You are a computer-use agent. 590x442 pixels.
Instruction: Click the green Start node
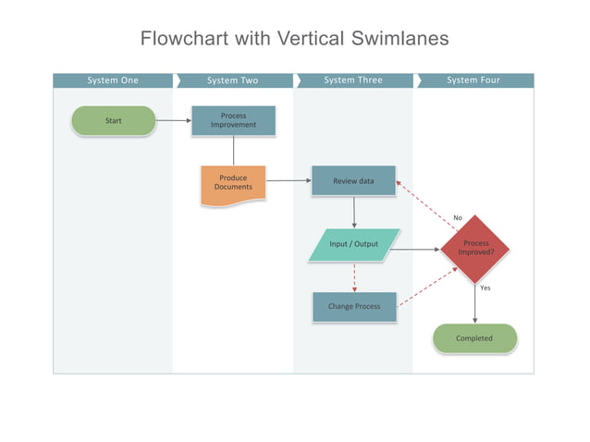coord(114,120)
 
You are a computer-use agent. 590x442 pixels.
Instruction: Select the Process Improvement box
coord(233,120)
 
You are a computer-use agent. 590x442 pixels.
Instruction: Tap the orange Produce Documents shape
coord(233,183)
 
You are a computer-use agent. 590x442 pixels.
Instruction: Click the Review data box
coord(353,181)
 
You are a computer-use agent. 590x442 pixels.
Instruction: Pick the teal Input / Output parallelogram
coord(354,244)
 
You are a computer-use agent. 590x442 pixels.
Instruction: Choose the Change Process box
coord(353,306)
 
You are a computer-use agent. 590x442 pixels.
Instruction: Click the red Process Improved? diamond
coord(475,249)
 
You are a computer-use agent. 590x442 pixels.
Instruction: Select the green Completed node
coord(474,338)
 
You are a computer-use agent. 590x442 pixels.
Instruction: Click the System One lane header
coord(113,80)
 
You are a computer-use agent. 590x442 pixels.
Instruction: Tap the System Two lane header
coord(233,80)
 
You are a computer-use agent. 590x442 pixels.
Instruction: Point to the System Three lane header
coord(353,80)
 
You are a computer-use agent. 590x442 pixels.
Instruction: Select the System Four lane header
coord(473,80)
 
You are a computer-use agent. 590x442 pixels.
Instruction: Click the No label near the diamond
coord(457,217)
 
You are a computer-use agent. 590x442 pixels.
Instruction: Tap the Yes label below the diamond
coord(485,288)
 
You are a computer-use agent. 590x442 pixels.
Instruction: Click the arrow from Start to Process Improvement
coord(173,120)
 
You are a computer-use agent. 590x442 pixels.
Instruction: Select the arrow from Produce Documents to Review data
coord(289,181)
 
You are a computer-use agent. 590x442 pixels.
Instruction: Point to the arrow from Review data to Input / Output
coord(354,213)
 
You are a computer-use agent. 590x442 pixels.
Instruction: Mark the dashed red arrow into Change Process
coord(354,276)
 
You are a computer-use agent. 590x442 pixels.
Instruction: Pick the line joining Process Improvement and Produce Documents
coord(233,151)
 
